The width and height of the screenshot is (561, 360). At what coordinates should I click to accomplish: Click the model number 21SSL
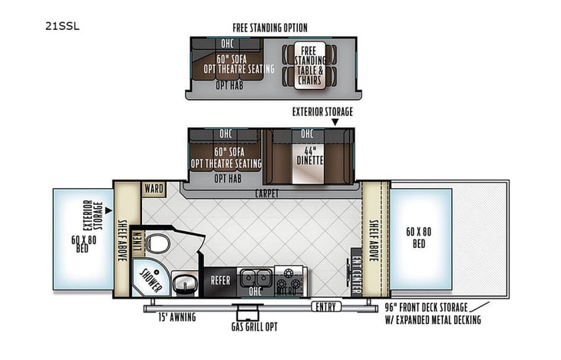coord(68,25)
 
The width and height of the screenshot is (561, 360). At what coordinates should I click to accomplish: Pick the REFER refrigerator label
coord(220,281)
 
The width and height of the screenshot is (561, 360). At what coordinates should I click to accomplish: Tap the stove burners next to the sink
coord(289,276)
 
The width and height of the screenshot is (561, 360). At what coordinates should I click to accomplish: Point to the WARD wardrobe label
coord(152,187)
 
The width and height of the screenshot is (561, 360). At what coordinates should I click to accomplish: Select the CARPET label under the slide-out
coord(263,194)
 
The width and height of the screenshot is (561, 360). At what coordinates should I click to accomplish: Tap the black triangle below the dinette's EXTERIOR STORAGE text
coord(322,122)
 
